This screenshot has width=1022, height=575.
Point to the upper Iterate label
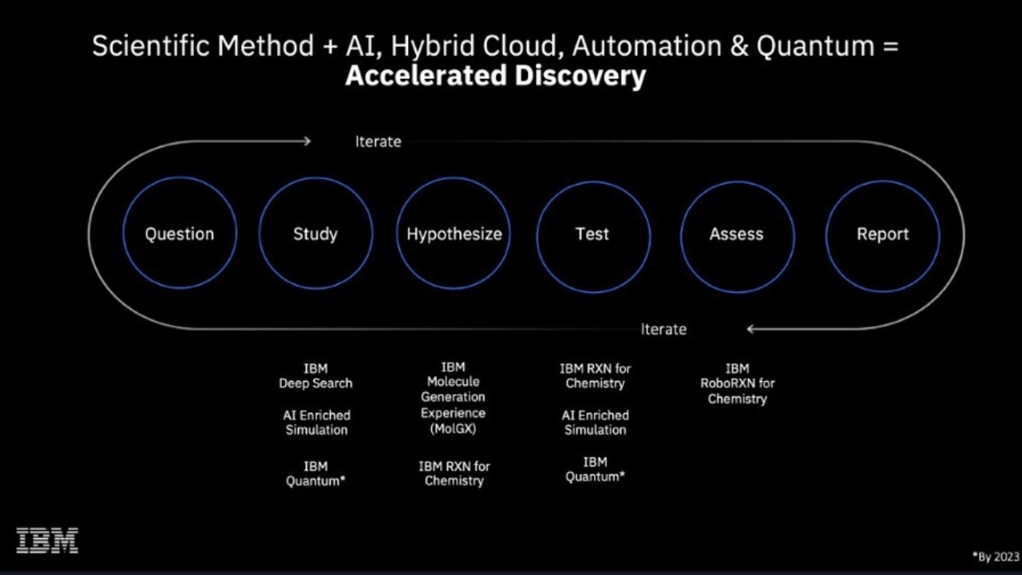(378, 141)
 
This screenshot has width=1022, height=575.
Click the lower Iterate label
(664, 329)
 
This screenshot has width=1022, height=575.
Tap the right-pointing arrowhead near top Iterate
(308, 141)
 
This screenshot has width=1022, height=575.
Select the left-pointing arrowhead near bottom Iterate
(751, 328)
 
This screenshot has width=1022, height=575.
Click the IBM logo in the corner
(47, 541)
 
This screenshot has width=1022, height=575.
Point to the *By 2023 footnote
(996, 557)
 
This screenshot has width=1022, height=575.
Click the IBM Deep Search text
(315, 375)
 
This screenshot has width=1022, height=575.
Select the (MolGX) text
(453, 429)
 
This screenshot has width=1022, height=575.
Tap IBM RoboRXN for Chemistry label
(737, 383)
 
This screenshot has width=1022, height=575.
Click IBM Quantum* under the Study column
(315, 474)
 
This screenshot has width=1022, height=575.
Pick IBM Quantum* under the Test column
(595, 469)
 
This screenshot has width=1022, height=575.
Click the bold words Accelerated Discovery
(496, 75)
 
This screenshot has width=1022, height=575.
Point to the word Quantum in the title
(815, 46)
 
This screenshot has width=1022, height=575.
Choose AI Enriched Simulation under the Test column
(595, 422)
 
